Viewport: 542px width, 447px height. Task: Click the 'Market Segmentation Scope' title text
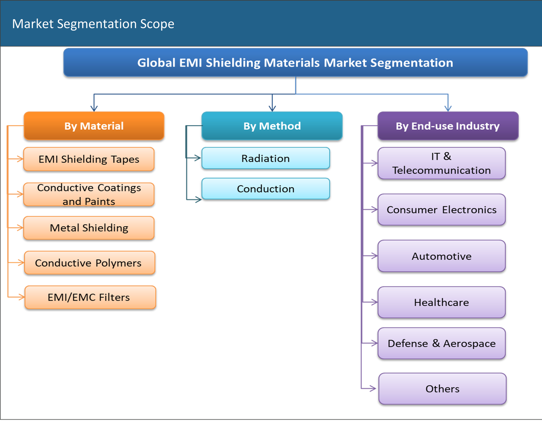[x=93, y=24]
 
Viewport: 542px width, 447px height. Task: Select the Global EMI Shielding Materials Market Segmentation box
[x=295, y=63]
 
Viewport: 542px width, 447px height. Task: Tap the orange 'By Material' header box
[x=94, y=126]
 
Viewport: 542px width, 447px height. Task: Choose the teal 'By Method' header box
[x=272, y=126]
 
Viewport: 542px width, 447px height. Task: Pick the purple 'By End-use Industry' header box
[x=447, y=126]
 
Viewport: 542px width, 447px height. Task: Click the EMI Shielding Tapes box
[x=89, y=159]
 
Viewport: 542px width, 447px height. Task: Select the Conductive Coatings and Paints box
[x=89, y=194]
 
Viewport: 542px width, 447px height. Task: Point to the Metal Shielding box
[x=89, y=228]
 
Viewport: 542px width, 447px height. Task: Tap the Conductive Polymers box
[x=89, y=262]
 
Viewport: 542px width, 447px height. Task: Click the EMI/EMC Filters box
[x=90, y=297]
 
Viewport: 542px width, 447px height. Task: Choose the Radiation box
[x=265, y=158]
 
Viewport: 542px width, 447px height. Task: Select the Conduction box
[x=265, y=189]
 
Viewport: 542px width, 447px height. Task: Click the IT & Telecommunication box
[x=441, y=163]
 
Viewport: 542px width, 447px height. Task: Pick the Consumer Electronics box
[x=441, y=210]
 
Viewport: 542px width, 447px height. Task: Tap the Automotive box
[x=441, y=256]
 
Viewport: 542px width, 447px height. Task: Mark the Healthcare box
[x=441, y=302]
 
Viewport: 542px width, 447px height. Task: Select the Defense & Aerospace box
[x=441, y=343]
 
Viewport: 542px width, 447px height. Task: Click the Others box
[x=442, y=388]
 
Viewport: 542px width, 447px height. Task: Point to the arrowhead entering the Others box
[x=373, y=388]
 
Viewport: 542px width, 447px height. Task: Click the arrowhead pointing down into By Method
[x=272, y=108]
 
